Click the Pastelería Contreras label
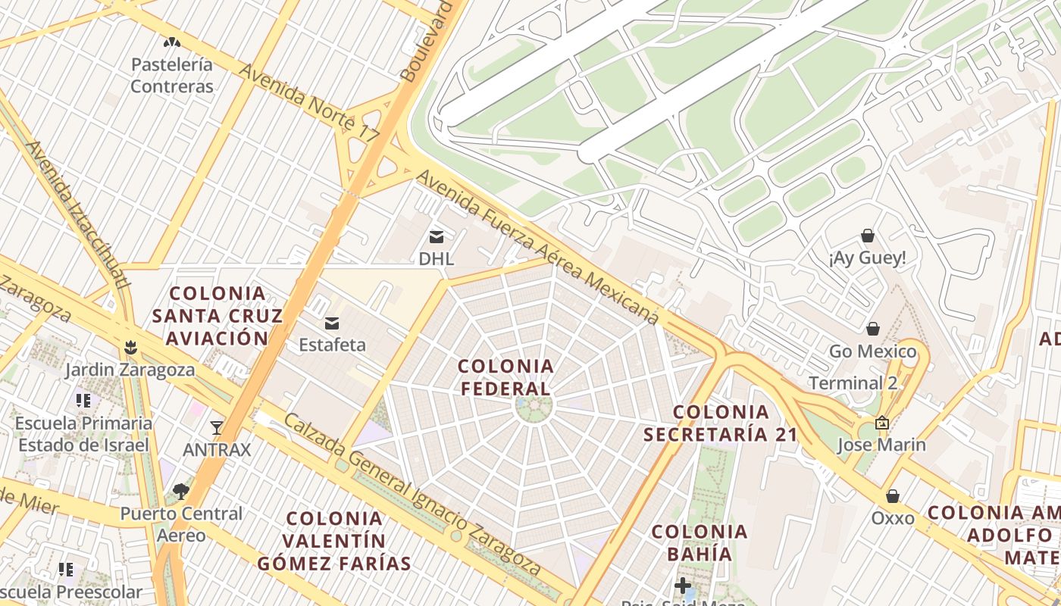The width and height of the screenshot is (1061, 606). click(x=172, y=75)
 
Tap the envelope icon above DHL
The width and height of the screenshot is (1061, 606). click(x=437, y=236)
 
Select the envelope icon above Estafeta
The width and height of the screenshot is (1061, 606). click(x=332, y=323)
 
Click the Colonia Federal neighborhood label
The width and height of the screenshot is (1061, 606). click(x=506, y=377)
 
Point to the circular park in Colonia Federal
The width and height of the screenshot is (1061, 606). click(x=534, y=407)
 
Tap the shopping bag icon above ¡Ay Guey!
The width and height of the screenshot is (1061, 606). click(x=868, y=236)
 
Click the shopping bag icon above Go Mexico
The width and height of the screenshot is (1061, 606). click(x=873, y=329)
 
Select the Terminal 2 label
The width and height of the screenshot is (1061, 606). click(x=853, y=383)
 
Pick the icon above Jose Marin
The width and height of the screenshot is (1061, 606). click(x=881, y=423)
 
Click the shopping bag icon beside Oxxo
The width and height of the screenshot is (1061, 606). click(x=893, y=496)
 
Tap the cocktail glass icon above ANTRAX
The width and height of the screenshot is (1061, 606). click(x=217, y=428)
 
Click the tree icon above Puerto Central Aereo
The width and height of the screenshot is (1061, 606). click(x=181, y=492)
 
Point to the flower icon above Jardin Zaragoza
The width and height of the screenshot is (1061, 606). click(x=130, y=348)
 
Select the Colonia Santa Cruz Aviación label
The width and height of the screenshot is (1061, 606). click(x=218, y=315)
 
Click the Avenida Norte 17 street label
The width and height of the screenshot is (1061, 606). click(x=308, y=103)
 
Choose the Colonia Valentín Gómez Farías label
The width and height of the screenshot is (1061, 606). click(x=334, y=541)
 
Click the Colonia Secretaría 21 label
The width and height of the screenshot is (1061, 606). click(x=721, y=423)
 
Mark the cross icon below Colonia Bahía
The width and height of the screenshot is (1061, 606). click(x=682, y=586)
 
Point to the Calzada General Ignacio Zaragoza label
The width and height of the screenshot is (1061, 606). click(x=413, y=495)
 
